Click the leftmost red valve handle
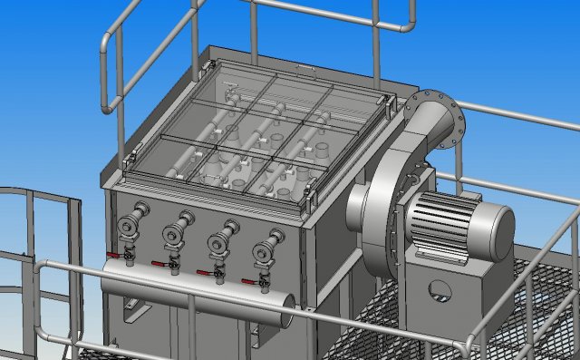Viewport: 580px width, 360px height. tap(113, 256)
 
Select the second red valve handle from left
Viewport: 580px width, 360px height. tap(160, 264)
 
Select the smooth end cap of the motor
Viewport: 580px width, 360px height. tap(494, 230)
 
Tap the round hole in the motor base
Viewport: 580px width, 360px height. tap(440, 290)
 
